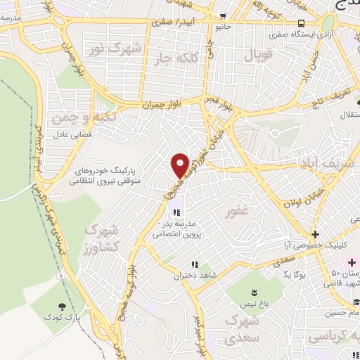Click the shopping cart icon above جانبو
coord(223,16)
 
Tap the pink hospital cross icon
coord(352,262)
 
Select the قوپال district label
coord(257,54)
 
